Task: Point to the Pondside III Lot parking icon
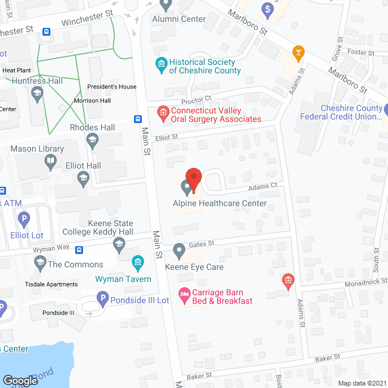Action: [x=103, y=298]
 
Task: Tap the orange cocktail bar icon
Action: [x=298, y=53]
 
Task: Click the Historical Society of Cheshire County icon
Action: [x=161, y=63]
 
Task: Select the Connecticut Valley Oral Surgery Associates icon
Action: [x=162, y=112]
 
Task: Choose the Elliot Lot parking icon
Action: [x=24, y=219]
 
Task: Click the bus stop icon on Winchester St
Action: [x=47, y=32]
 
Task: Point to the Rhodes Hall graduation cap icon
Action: [x=93, y=141]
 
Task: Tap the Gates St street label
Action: [x=202, y=244]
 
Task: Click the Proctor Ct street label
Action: [x=195, y=98]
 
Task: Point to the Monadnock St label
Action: [x=366, y=282]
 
